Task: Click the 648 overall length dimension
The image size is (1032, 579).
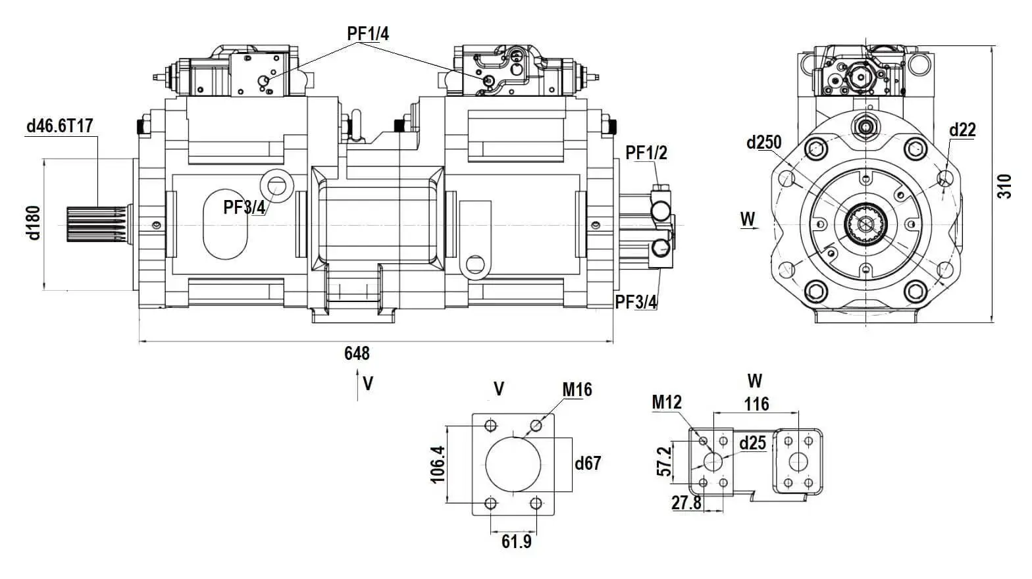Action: (x=357, y=353)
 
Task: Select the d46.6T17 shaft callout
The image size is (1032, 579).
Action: (x=60, y=126)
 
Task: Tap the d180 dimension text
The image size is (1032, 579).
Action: (x=34, y=222)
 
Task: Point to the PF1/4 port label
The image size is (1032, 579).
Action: (x=368, y=33)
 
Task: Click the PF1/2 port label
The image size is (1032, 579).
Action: (x=646, y=153)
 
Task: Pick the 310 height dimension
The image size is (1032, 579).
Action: (x=1004, y=187)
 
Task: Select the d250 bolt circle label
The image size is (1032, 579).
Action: (x=763, y=142)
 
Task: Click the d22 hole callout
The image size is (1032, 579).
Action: (x=962, y=130)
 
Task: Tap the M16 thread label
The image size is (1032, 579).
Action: (x=577, y=390)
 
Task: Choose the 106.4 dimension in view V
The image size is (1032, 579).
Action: (x=438, y=465)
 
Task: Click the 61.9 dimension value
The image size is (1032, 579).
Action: (x=516, y=541)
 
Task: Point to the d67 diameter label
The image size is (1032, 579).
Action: (x=588, y=463)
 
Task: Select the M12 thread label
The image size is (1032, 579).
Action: (x=667, y=401)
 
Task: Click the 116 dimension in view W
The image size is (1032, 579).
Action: (x=756, y=404)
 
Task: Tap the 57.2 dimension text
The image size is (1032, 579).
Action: (x=664, y=461)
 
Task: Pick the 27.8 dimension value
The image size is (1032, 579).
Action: (x=686, y=503)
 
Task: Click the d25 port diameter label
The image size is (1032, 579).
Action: (x=752, y=443)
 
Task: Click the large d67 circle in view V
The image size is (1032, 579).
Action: (x=513, y=464)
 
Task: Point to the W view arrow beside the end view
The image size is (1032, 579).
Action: (x=748, y=221)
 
